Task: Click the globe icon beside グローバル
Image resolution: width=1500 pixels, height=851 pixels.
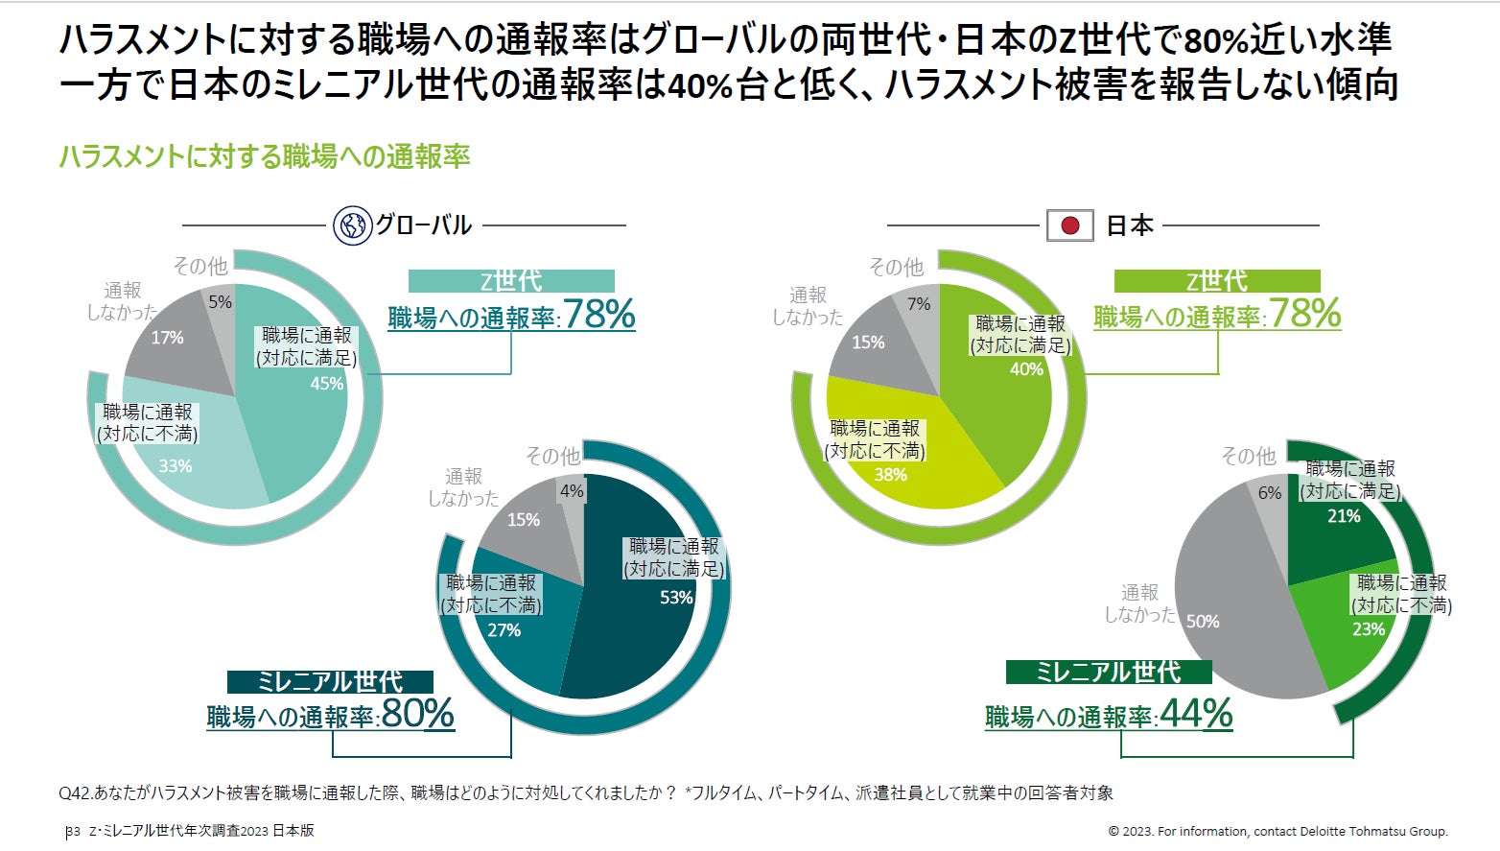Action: tap(351, 225)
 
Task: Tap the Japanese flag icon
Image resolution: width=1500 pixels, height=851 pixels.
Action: tap(1069, 225)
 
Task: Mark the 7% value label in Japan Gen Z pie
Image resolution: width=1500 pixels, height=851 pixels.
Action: tap(919, 304)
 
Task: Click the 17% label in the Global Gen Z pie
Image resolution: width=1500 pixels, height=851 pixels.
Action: tap(167, 338)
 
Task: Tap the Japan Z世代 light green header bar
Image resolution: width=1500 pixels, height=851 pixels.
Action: tap(1216, 280)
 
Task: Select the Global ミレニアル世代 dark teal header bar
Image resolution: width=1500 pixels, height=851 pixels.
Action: tap(330, 681)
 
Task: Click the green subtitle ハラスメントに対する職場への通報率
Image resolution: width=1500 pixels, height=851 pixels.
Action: tap(265, 156)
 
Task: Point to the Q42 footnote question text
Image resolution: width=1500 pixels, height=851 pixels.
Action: tap(585, 792)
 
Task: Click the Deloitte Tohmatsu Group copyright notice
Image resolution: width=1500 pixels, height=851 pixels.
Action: tap(1277, 831)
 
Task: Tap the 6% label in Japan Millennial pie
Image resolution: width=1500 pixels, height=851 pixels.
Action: tap(1269, 493)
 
